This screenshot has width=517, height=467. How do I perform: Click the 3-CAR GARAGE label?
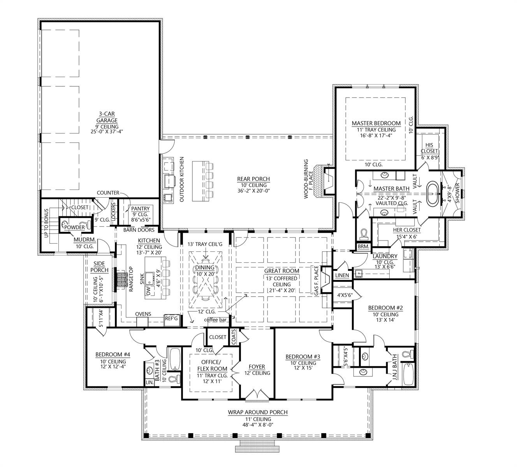pyautogui.click(x=107, y=117)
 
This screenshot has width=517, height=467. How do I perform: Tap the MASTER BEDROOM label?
pyautogui.click(x=376, y=123)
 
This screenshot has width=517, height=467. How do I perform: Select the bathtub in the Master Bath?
pyautogui.click(x=433, y=193)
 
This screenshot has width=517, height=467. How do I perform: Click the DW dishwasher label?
pyautogui.click(x=148, y=291)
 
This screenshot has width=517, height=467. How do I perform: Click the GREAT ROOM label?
pyautogui.click(x=281, y=270)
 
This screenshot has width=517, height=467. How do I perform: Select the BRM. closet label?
pyautogui.click(x=363, y=246)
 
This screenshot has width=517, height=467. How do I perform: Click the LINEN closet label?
pyautogui.click(x=342, y=275)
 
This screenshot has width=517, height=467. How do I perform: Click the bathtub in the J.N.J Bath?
pyautogui.click(x=408, y=374)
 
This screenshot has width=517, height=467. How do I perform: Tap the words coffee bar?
pyautogui.click(x=215, y=320)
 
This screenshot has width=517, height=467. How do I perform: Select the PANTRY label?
pyautogui.click(x=140, y=209)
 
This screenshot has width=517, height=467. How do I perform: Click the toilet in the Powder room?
pyautogui.click(x=85, y=225)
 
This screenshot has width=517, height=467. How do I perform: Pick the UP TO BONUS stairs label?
pyautogui.click(x=46, y=223)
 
